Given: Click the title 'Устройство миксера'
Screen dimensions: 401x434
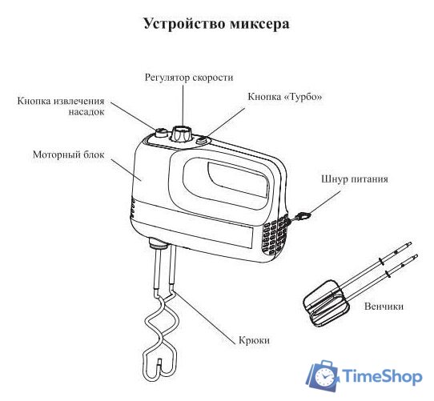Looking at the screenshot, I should point(216,23).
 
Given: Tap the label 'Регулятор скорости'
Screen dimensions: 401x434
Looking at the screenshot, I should point(189,78).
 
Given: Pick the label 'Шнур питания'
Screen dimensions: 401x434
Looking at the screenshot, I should point(355,179).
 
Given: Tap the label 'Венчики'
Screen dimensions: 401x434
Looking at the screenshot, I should point(383,306).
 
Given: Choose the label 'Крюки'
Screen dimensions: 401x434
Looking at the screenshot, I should point(255,340).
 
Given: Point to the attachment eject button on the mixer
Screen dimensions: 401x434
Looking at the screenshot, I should point(160,133).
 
